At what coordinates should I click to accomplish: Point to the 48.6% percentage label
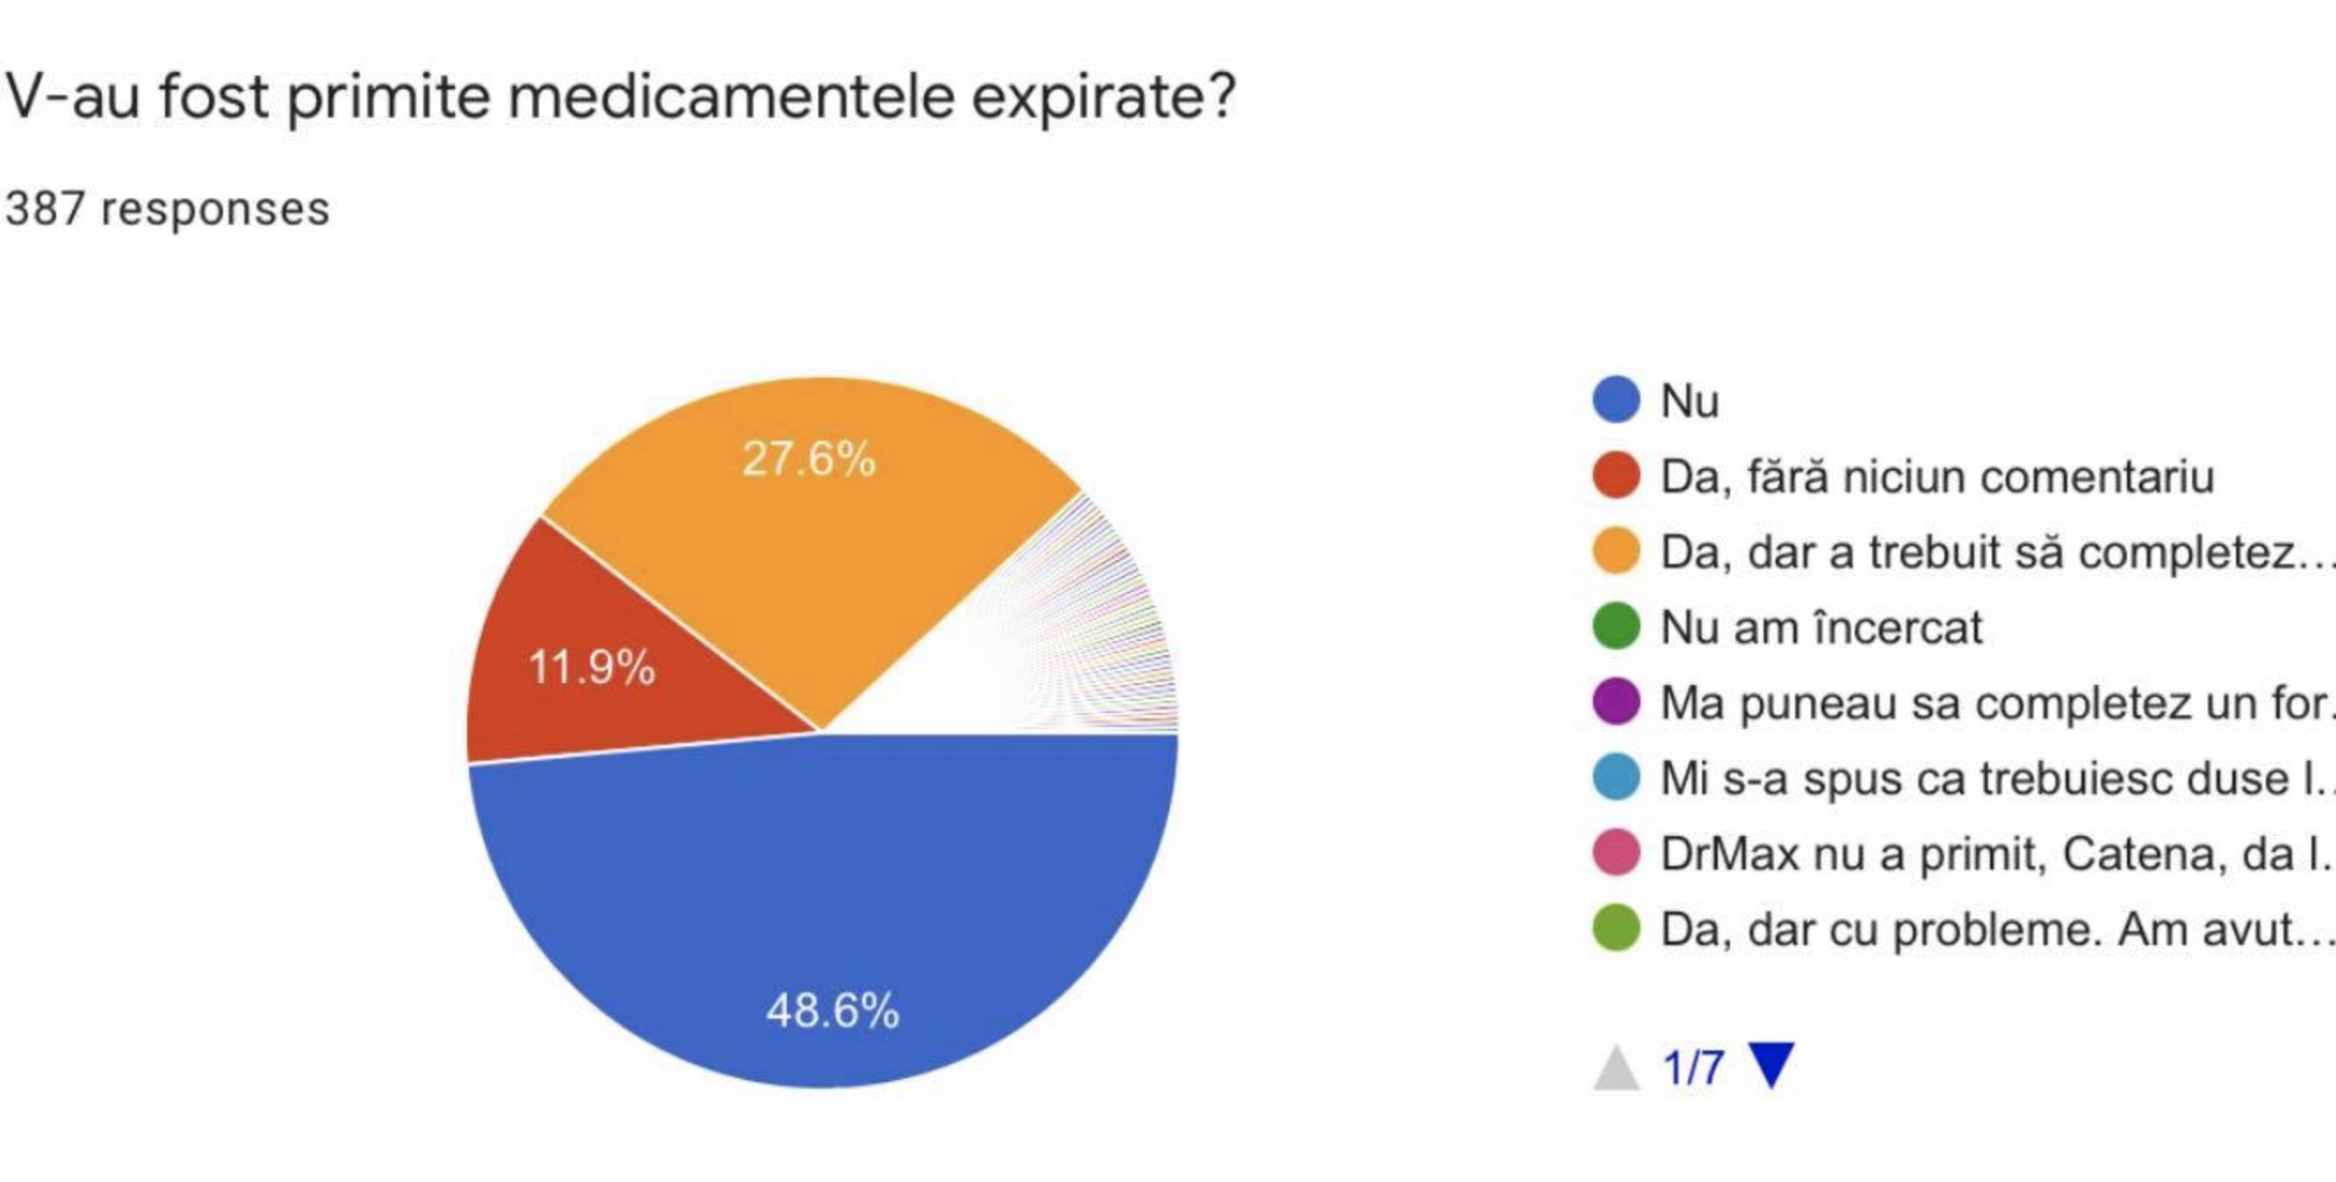click(x=833, y=1010)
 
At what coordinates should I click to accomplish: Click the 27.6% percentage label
click(x=809, y=458)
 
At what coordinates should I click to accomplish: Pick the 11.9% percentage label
click(x=591, y=667)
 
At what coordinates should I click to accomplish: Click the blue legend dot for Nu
click(x=1616, y=400)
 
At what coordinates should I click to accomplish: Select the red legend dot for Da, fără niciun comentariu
click(x=1616, y=475)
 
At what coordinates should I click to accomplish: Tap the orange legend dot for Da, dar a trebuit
click(x=1616, y=551)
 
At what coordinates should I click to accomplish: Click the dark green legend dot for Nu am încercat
click(x=1616, y=627)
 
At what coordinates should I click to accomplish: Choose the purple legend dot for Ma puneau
click(x=1616, y=703)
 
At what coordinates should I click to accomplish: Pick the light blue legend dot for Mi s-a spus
click(x=1616, y=777)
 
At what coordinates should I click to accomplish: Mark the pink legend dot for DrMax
click(x=1616, y=854)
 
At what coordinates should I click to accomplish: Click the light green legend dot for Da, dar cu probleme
click(x=1616, y=929)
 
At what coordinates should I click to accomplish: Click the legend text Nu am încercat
click(x=1820, y=627)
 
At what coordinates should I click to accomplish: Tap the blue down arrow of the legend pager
click(x=1771, y=1065)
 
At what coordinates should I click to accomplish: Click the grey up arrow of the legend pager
click(x=1616, y=1068)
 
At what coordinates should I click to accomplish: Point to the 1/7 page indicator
click(x=1692, y=1068)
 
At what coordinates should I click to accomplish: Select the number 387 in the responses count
click(x=46, y=209)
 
